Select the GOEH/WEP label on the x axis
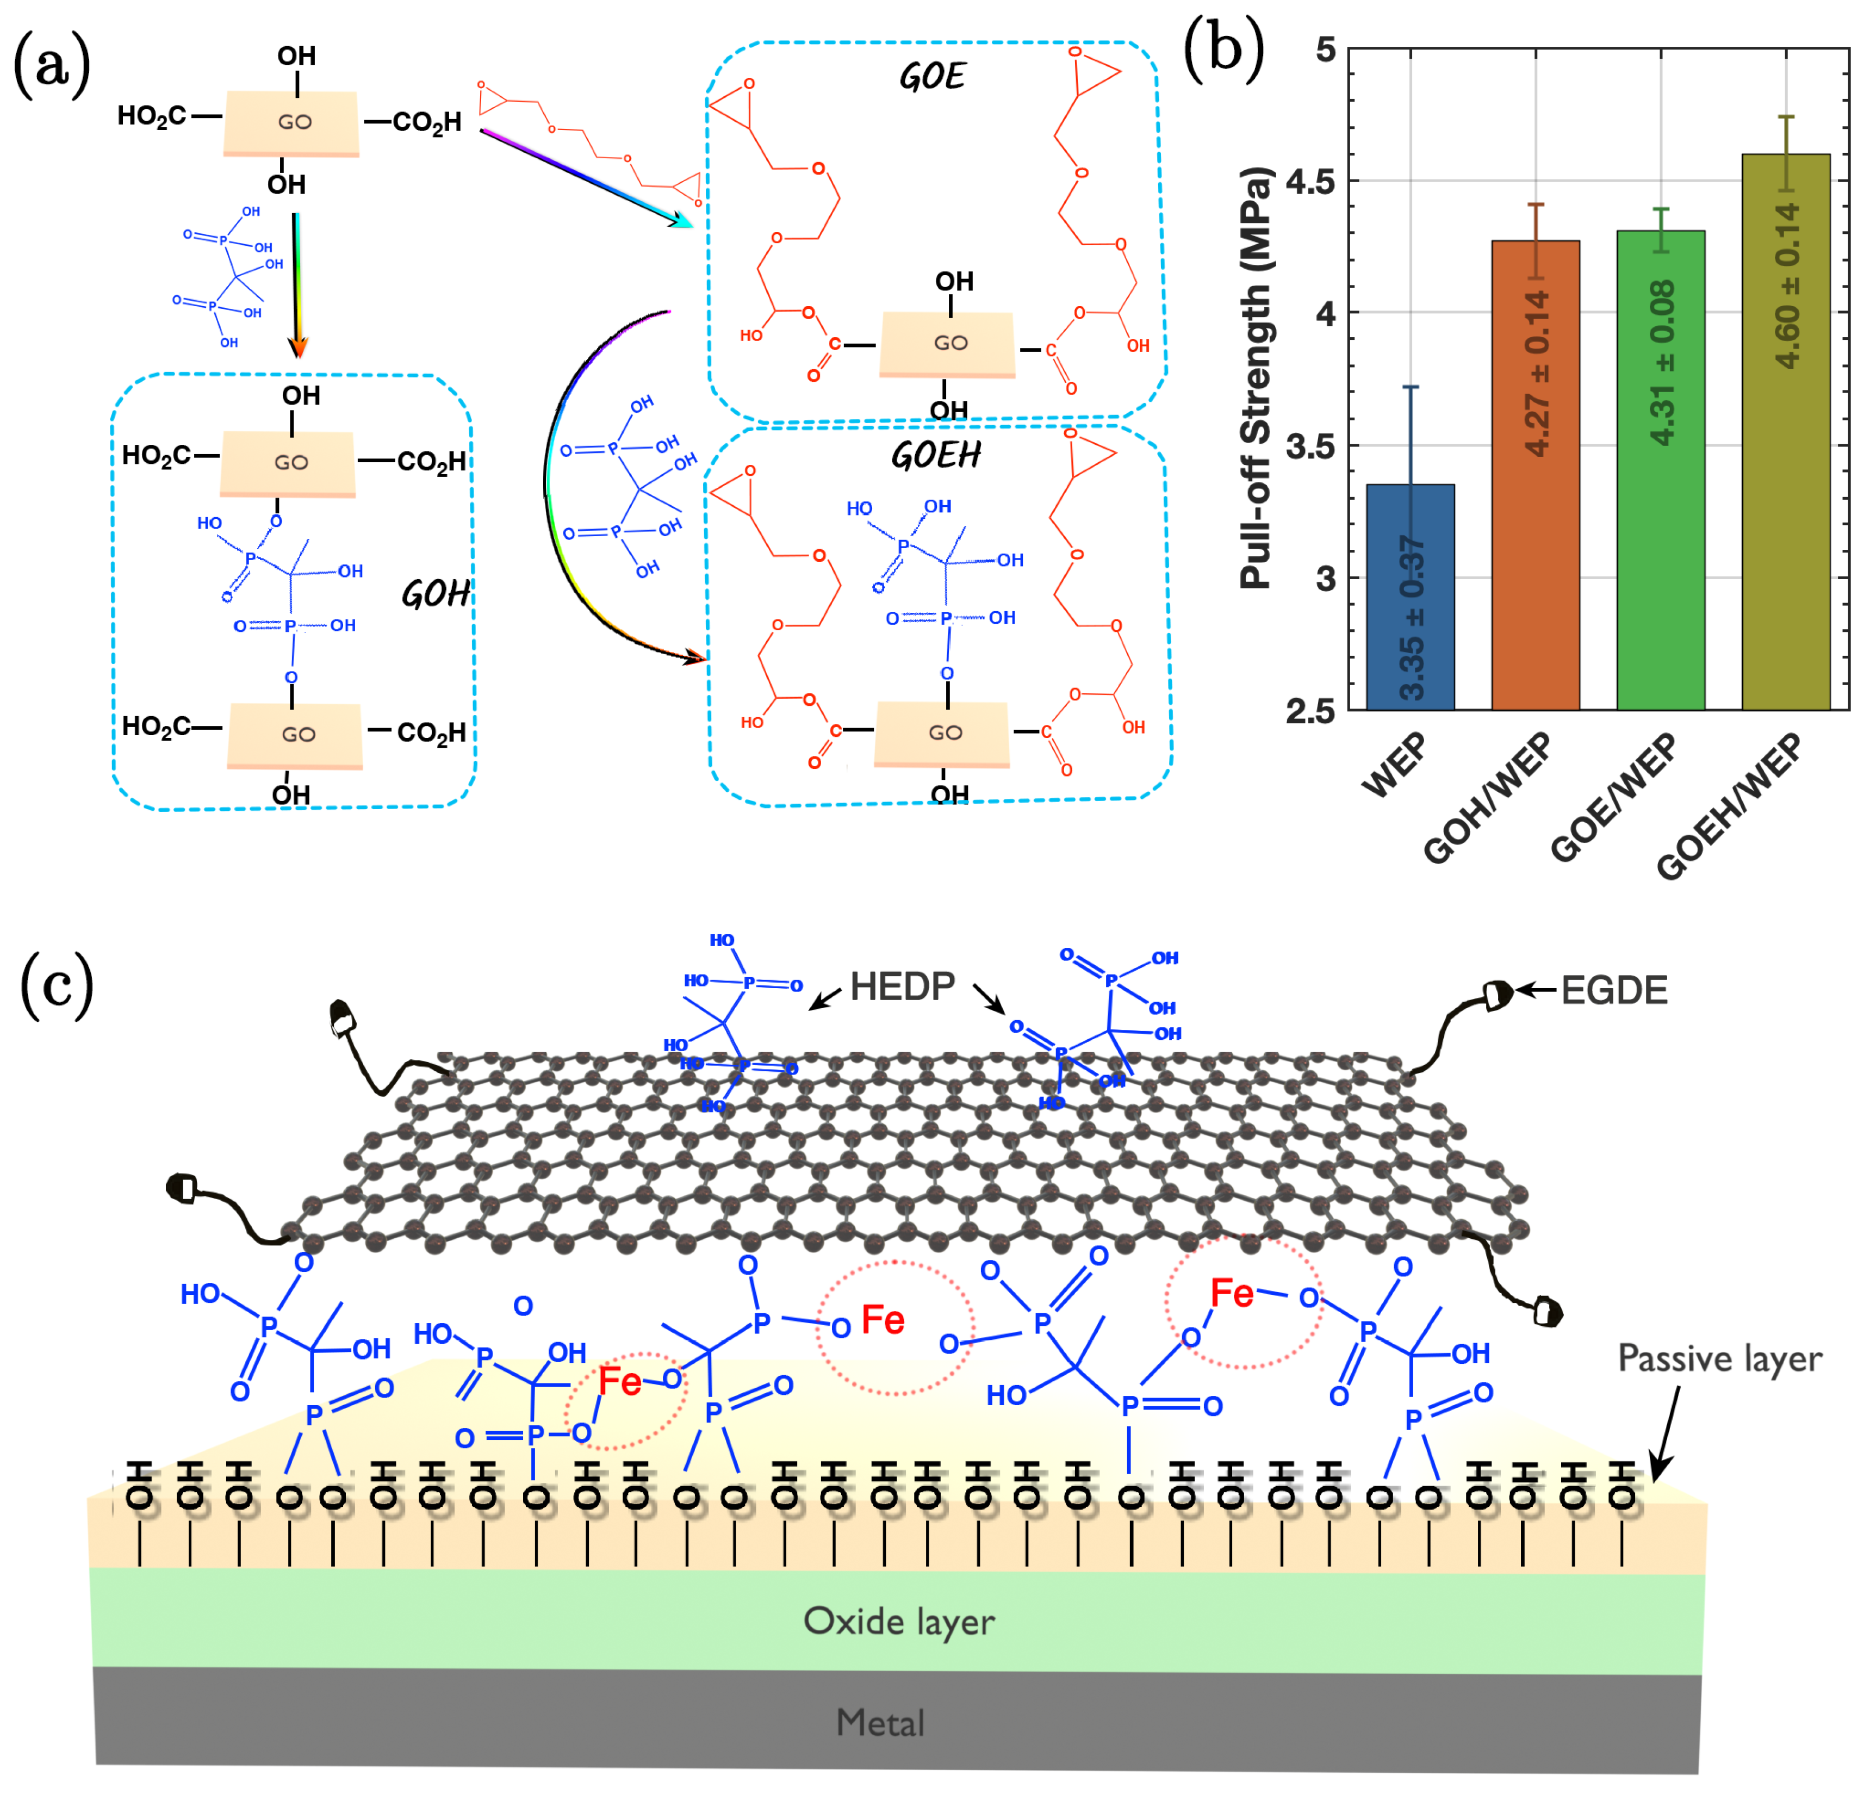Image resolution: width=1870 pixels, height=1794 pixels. [1727, 806]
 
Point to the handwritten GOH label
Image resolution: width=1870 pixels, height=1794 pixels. [435, 594]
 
